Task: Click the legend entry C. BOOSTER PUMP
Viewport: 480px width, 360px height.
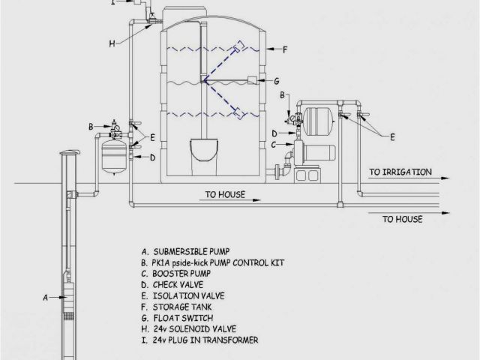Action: (x=172, y=273)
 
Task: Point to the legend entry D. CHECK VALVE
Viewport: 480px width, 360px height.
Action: (x=170, y=284)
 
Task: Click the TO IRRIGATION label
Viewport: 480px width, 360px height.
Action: (x=400, y=172)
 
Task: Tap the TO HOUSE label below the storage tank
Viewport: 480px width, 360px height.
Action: (x=225, y=194)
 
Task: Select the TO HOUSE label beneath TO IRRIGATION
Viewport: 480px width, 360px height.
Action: (x=403, y=219)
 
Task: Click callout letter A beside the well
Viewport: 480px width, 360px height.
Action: (x=45, y=297)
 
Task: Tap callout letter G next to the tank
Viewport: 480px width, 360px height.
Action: (x=277, y=80)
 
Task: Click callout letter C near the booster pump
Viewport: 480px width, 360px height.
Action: (x=274, y=144)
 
